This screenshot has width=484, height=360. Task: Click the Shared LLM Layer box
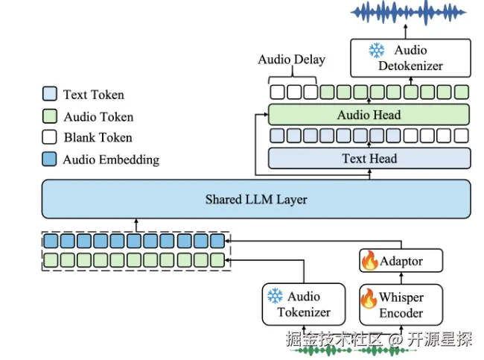pyautogui.click(x=256, y=199)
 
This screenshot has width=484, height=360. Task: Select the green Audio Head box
pyautogui.click(x=369, y=115)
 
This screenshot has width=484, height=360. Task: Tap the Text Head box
pyautogui.click(x=369, y=159)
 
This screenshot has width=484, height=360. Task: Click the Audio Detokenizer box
pyautogui.click(x=410, y=58)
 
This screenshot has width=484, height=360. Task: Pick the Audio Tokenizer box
pyautogui.click(x=304, y=304)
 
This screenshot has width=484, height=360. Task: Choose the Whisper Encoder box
pyautogui.click(x=401, y=305)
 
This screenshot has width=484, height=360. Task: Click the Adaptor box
pyautogui.click(x=401, y=261)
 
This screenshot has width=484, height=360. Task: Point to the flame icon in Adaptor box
pyautogui.click(x=370, y=260)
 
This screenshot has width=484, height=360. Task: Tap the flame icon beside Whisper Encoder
pyautogui.click(x=369, y=298)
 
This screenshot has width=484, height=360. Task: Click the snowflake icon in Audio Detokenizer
pyautogui.click(x=377, y=51)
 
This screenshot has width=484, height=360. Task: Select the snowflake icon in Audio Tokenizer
pyautogui.click(x=275, y=296)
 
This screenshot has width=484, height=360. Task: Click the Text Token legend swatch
pyautogui.click(x=49, y=94)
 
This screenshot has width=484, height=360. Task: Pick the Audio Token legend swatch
pyautogui.click(x=49, y=116)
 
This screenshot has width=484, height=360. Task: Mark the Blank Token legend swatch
pyautogui.click(x=49, y=137)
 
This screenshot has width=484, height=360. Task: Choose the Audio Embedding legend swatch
pyautogui.click(x=49, y=160)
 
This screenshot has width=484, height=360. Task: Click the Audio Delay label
pyautogui.click(x=292, y=60)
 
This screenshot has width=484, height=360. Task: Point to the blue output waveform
pyautogui.click(x=408, y=13)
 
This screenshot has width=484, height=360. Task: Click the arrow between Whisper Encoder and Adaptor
pyautogui.click(x=401, y=279)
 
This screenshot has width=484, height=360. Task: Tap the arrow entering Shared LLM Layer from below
pyautogui.click(x=136, y=225)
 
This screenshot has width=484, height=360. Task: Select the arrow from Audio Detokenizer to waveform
pyautogui.click(x=406, y=32)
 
